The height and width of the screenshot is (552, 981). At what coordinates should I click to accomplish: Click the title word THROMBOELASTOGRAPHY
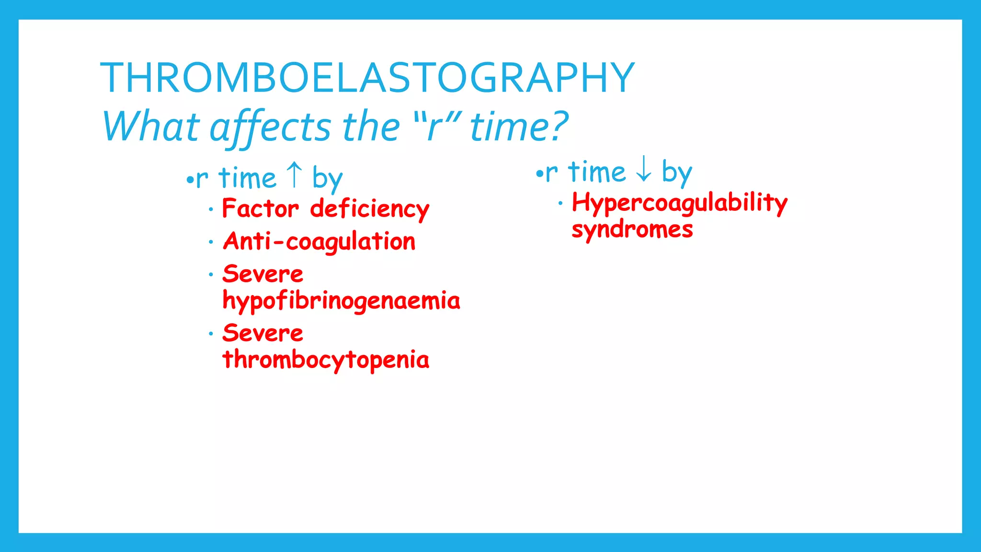(x=367, y=78)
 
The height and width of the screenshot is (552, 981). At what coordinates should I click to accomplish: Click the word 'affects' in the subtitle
(x=270, y=126)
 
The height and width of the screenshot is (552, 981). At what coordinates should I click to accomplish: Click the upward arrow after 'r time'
(x=294, y=175)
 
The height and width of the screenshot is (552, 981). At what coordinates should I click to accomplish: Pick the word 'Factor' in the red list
(x=260, y=209)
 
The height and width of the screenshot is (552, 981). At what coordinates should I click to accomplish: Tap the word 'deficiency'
(x=369, y=210)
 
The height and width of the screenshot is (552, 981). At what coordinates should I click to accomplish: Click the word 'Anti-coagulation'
(x=319, y=241)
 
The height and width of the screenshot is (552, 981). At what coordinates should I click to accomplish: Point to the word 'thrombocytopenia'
(x=326, y=360)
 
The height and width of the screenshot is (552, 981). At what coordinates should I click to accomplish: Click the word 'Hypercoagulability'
(x=679, y=203)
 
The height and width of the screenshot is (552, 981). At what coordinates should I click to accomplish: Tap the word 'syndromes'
(x=632, y=230)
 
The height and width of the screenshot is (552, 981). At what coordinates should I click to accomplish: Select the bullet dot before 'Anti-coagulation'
(x=211, y=242)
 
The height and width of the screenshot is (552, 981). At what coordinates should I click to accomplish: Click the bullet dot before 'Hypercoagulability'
(x=560, y=203)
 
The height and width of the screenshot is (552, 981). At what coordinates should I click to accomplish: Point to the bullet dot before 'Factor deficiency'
(x=211, y=209)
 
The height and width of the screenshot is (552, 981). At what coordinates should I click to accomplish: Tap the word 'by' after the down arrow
(x=676, y=172)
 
